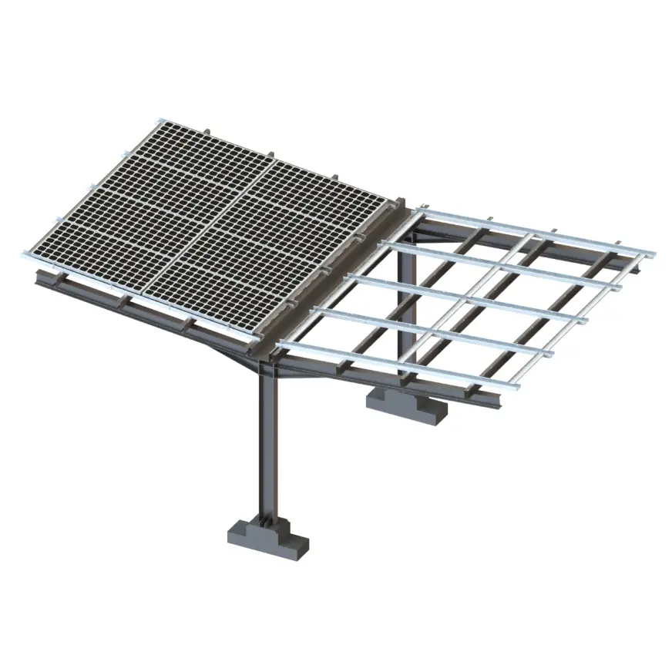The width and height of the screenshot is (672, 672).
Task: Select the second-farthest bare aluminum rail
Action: pyautogui.click(x=501, y=262)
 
